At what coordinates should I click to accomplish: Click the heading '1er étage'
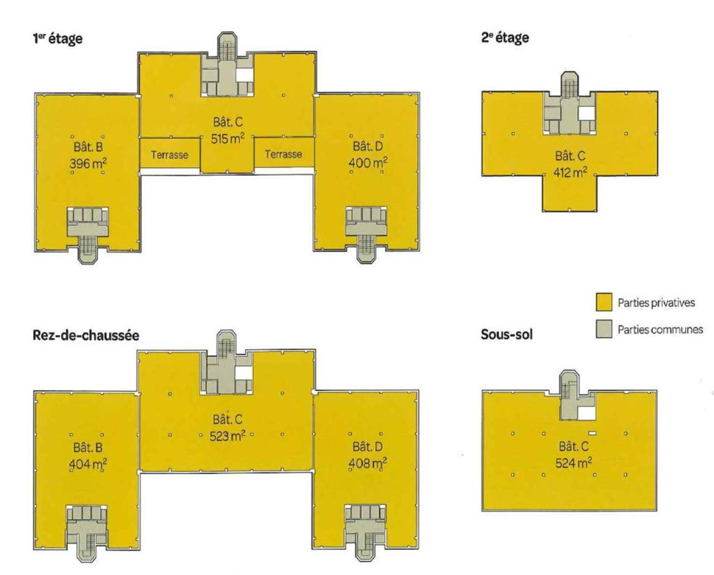coord(57,38)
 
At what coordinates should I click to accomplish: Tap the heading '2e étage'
coord(505,37)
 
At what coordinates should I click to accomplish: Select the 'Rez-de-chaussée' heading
coord(86,335)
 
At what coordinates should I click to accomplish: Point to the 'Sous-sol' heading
coord(506,335)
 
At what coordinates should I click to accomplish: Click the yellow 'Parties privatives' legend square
coord(604,303)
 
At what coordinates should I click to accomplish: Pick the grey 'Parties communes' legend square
coord(604,330)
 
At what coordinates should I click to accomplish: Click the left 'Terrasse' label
coord(169,155)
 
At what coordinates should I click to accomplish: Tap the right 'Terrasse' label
coord(283,154)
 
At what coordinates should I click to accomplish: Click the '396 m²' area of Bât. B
coord(88,164)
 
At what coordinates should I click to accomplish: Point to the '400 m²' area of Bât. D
coord(368,163)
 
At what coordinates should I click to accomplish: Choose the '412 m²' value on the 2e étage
coord(570,173)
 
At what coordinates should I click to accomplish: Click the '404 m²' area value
coord(88,464)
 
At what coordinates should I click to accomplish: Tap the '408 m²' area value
coord(368,463)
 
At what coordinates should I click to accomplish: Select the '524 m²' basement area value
coord(573,463)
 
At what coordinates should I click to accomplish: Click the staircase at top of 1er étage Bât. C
coord(227,47)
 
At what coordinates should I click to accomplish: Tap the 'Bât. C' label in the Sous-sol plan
coord(573,447)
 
